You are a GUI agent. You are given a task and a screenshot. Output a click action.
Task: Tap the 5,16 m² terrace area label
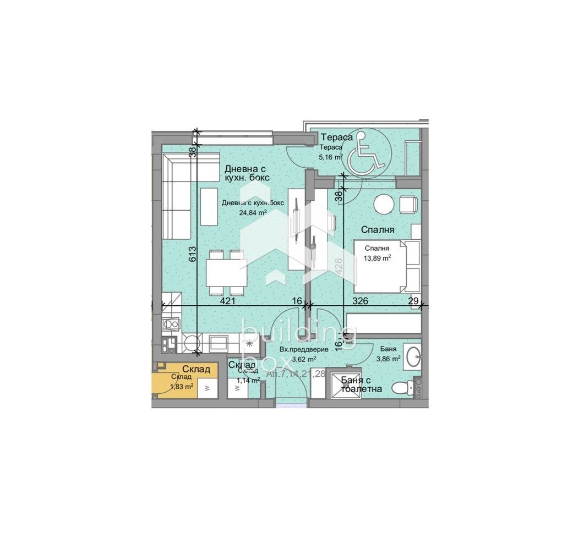331,157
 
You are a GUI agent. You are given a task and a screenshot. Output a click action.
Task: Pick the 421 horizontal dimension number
228,301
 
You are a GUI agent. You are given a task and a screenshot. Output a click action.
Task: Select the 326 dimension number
360,301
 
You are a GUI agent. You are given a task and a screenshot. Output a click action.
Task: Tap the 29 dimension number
413,301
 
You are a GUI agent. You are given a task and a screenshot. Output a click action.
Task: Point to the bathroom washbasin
413,356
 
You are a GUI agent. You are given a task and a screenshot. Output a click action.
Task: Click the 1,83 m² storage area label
182,386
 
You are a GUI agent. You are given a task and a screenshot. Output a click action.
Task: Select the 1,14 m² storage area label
247,380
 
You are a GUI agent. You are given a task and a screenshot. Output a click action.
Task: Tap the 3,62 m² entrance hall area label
304,359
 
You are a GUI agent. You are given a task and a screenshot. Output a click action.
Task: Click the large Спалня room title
378,229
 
